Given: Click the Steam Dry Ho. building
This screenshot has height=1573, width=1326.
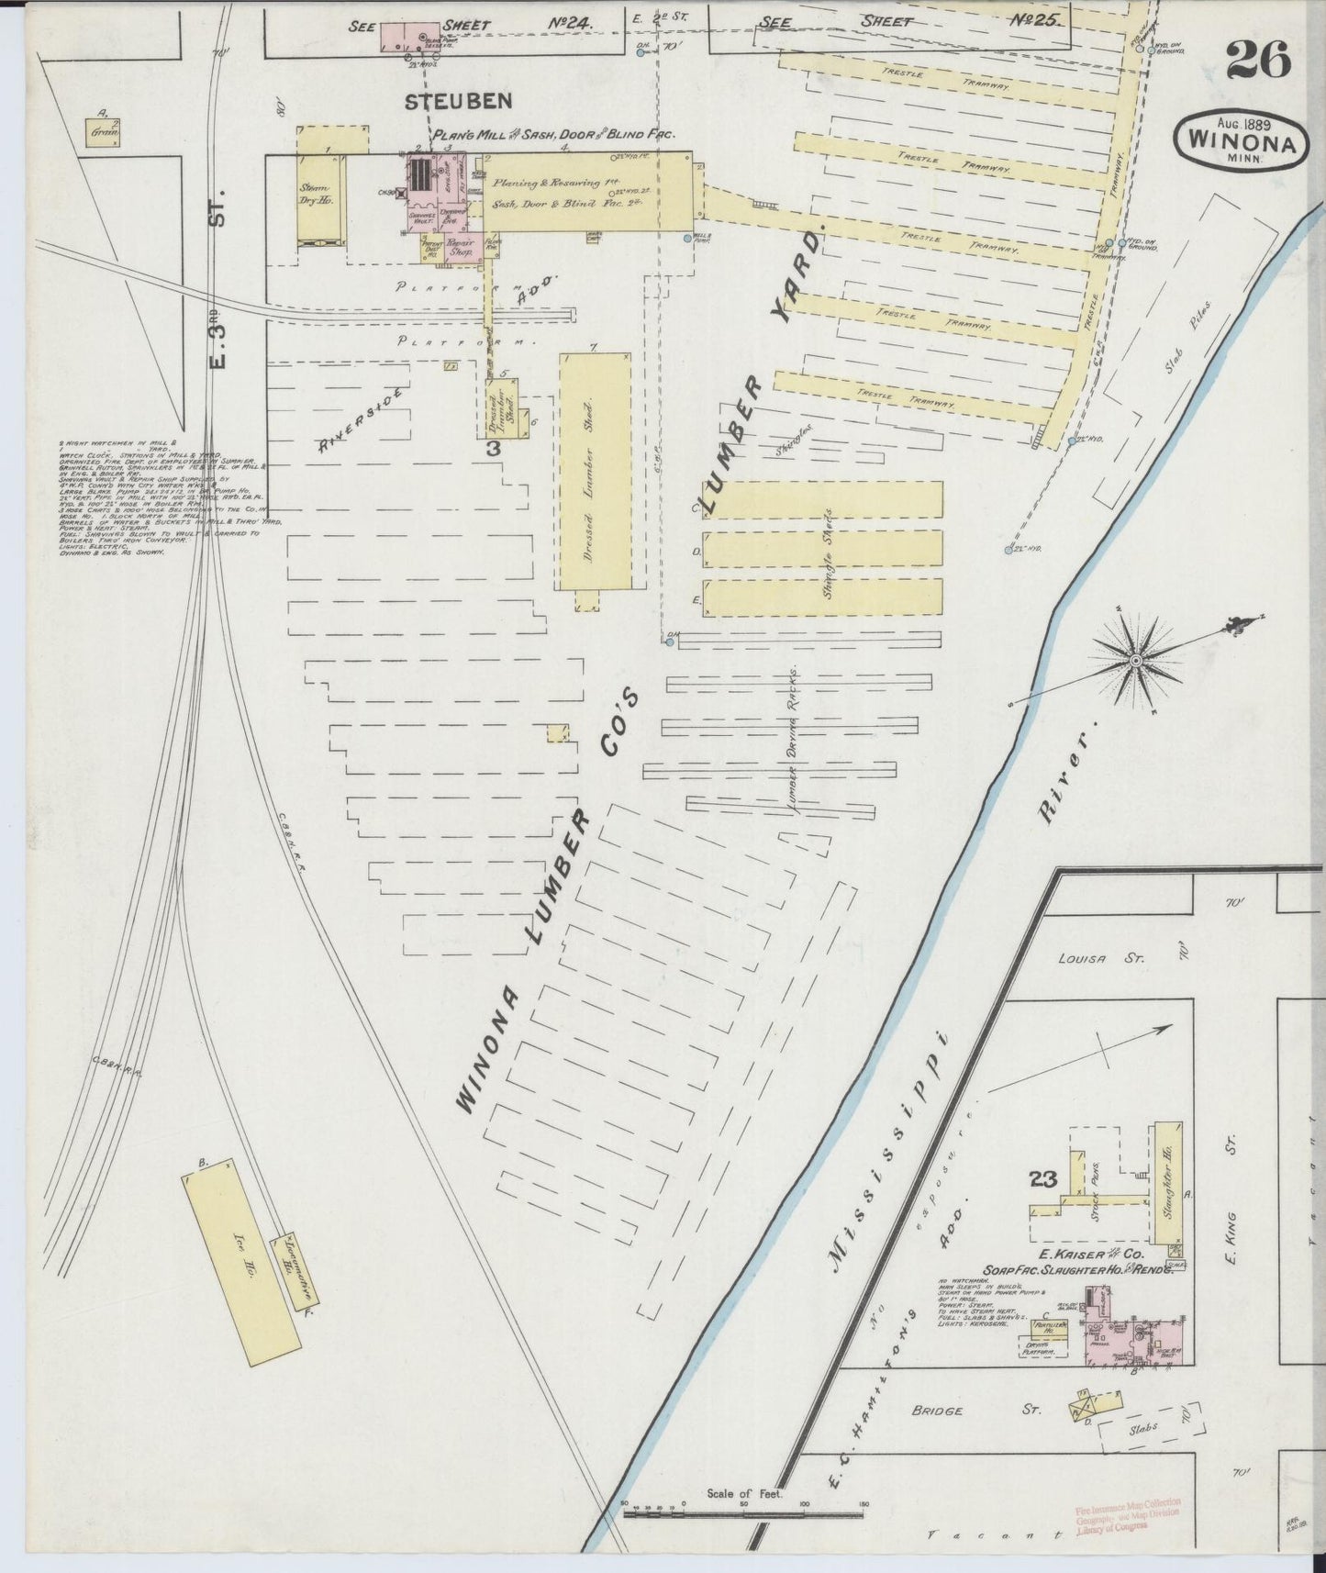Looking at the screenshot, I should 320,195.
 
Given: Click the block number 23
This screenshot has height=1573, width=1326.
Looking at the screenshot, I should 1044,1180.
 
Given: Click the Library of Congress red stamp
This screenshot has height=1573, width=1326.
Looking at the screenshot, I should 1127,1518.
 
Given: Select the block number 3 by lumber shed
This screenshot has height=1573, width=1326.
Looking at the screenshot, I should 493,449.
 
